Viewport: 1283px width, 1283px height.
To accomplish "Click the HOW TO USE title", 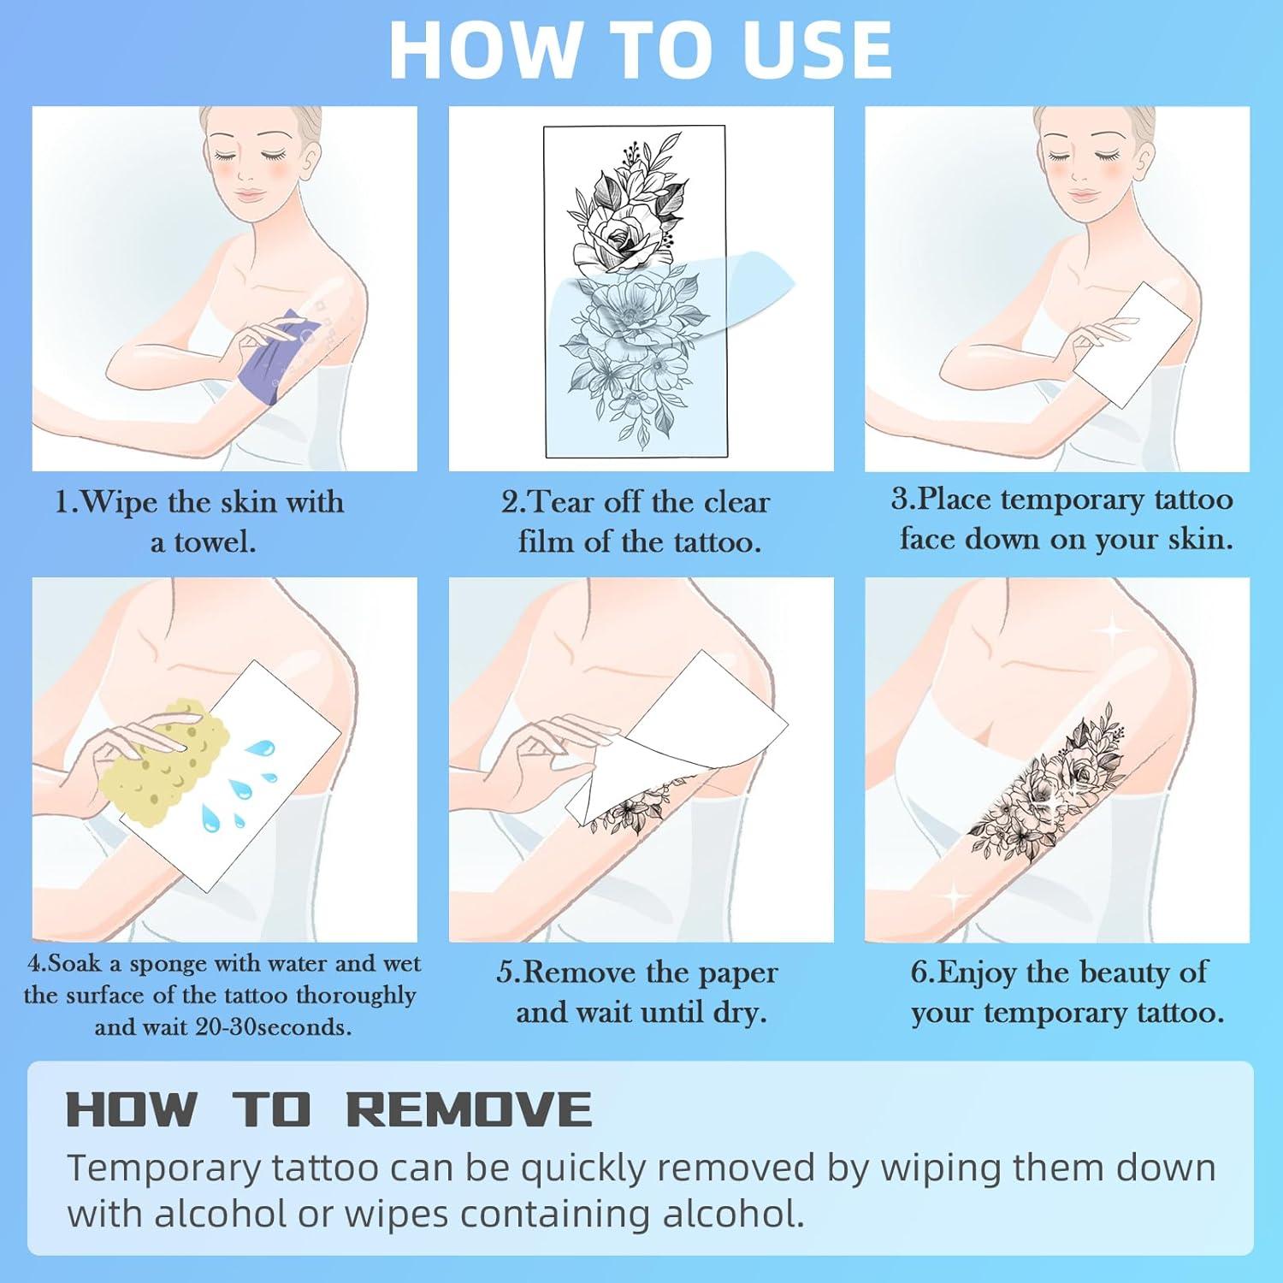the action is [x=641, y=50].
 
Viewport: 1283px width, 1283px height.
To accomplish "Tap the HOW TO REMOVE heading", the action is [x=329, y=1109].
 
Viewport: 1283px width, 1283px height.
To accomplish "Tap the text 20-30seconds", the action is [x=273, y=1026].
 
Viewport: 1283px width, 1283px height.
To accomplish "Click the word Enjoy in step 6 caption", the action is [x=977, y=973].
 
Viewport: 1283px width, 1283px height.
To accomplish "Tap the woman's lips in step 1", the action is [x=249, y=196].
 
